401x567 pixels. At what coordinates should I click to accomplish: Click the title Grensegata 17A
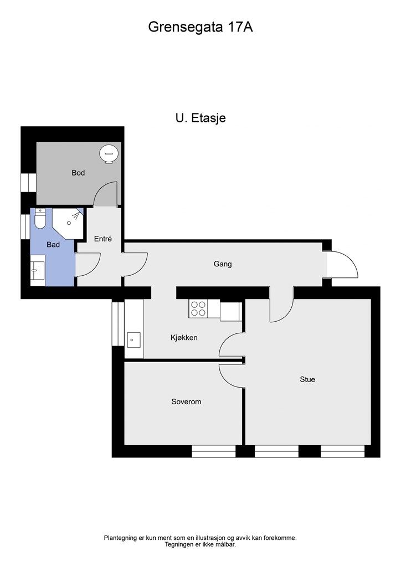point(200,27)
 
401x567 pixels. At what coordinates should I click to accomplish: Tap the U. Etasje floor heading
point(200,118)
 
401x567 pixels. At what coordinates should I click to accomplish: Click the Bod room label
point(78,173)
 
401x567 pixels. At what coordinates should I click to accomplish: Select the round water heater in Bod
point(109,153)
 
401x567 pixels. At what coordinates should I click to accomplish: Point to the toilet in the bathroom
point(40,220)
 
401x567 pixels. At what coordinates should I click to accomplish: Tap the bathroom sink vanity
point(37,270)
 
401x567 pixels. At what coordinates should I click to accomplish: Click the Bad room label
point(53,244)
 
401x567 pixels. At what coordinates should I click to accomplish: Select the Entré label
point(103,239)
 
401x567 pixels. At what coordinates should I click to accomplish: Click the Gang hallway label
point(223,264)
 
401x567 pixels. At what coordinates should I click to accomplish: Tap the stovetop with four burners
point(198,308)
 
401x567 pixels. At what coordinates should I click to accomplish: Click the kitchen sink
point(133,339)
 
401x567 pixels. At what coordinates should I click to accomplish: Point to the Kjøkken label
point(184,337)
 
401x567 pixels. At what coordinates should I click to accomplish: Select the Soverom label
point(186,401)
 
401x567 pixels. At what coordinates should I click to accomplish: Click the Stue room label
point(307,379)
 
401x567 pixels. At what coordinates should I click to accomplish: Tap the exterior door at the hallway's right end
point(342,265)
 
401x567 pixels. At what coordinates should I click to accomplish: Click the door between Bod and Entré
point(106,195)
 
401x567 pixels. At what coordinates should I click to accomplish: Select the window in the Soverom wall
point(214,451)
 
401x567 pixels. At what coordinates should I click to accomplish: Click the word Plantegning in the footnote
point(120,538)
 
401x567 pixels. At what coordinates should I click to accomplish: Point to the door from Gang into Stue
point(281,306)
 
